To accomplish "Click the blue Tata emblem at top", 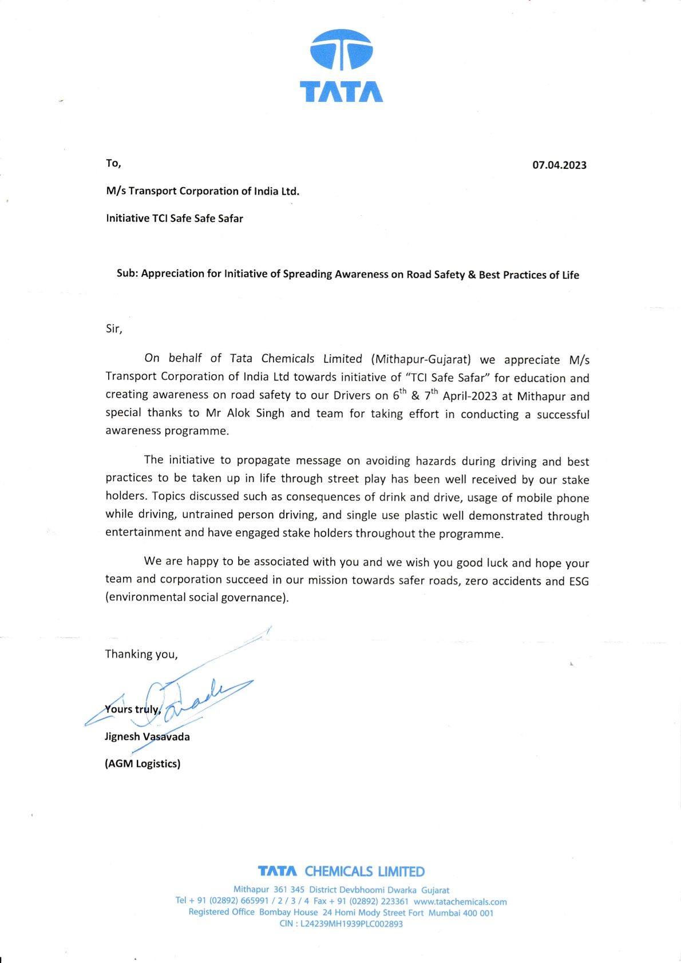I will (341, 50).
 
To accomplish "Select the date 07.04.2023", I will (559, 165).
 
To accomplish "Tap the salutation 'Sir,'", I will (114, 328).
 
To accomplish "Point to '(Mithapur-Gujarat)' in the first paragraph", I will (421, 359).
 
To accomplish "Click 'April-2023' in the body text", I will (470, 396).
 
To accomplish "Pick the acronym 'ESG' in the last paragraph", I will (579, 581).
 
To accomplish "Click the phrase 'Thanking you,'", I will (141, 654).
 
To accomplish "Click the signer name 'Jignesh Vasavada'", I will (147, 736).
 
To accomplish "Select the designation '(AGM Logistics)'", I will (142, 763).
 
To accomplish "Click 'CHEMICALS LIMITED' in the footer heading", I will (365, 871).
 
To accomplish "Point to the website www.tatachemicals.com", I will (460, 901).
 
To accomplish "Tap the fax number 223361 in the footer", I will (394, 901).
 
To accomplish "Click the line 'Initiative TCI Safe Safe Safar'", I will (175, 219).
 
